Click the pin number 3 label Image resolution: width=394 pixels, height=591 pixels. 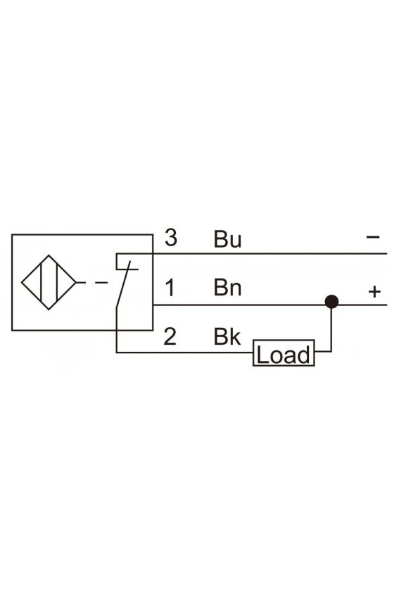(x=171, y=238)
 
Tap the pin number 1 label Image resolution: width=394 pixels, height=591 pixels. (x=170, y=288)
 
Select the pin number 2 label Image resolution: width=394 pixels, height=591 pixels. (x=170, y=336)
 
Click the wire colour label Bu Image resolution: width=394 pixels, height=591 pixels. (x=227, y=239)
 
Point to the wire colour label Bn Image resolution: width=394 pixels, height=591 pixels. (x=227, y=287)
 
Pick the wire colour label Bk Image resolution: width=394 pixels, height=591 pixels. (x=227, y=336)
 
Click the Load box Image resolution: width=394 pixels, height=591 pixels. (x=284, y=352)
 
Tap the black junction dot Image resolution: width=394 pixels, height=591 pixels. (x=331, y=302)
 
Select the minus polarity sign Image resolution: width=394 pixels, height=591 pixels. (x=373, y=236)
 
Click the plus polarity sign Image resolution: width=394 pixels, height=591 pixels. (x=374, y=292)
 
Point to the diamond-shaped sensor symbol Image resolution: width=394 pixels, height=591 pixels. (x=49, y=282)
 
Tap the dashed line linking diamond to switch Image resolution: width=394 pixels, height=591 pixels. (x=92, y=282)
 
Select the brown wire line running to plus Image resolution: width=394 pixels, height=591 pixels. (x=270, y=305)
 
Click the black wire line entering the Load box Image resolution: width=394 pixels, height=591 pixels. (x=184, y=352)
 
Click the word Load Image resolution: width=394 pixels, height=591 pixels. (x=283, y=355)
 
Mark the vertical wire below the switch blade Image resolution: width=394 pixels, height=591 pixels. (x=116, y=330)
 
